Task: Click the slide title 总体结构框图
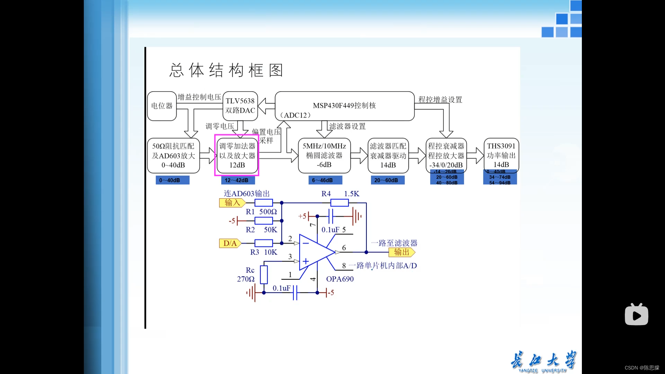[227, 70]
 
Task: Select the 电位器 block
[162, 106]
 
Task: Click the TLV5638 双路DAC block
[240, 106]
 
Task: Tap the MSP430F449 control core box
[344, 106]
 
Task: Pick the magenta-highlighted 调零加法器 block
[237, 156]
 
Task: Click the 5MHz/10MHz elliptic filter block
[324, 156]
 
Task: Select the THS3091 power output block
[501, 155]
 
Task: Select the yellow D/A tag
[230, 243]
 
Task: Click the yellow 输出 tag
[401, 252]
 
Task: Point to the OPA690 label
[340, 279]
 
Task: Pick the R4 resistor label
[326, 194]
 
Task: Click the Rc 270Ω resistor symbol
[264, 275]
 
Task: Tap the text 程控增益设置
[440, 100]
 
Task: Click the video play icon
[636, 315]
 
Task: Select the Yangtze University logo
[543, 362]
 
